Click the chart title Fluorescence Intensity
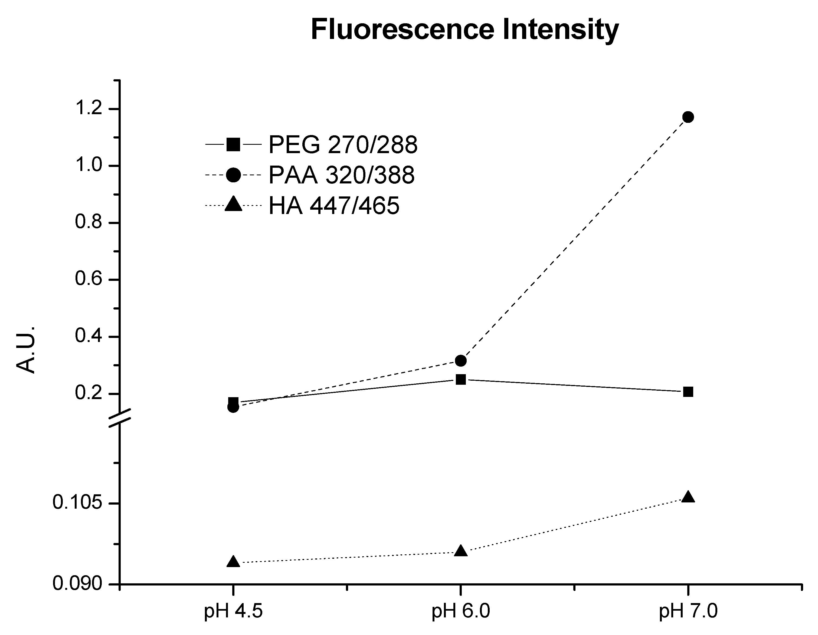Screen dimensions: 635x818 464,30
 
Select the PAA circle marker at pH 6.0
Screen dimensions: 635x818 461,361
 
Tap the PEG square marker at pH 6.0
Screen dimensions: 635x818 461,380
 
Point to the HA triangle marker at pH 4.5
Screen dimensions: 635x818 233,562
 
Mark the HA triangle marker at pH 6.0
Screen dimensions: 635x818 461,551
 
